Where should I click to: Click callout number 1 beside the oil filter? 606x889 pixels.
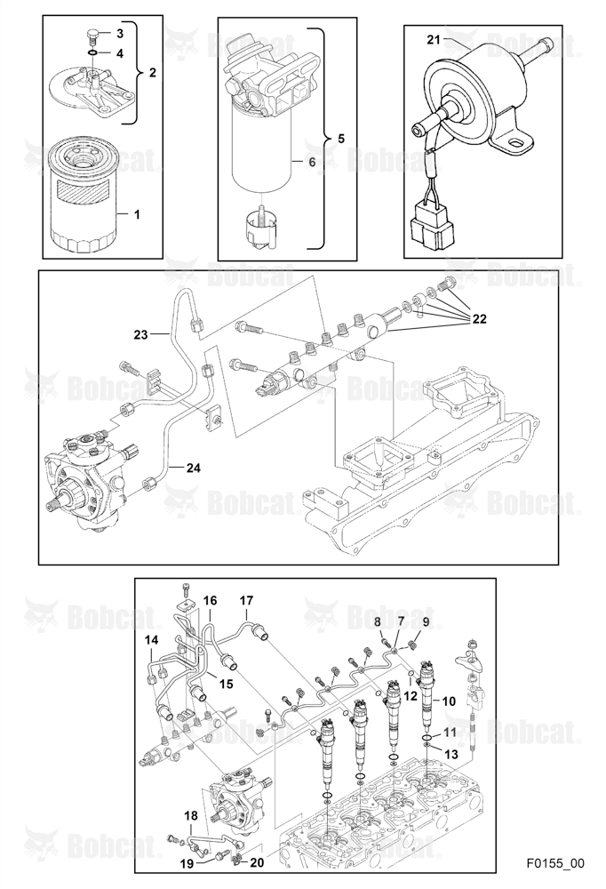tap(137, 214)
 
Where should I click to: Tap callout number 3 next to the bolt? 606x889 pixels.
tap(120, 34)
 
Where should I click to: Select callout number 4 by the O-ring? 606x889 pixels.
tap(120, 53)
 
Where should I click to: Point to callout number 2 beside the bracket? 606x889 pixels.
tap(152, 73)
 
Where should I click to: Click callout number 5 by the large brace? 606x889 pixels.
tap(340, 138)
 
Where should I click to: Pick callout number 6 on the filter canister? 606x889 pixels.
tap(312, 162)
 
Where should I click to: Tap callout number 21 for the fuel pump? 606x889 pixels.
tap(434, 40)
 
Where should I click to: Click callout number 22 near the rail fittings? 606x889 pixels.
tap(479, 319)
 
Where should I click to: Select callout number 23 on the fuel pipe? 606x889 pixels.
tap(140, 334)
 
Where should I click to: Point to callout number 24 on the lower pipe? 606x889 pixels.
tap(194, 468)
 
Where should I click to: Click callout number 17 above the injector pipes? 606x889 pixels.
tap(246, 600)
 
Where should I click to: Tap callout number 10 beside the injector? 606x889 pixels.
tap(449, 701)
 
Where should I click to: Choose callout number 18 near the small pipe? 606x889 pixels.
tap(191, 816)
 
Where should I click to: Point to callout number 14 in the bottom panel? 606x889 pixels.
tap(151, 640)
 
